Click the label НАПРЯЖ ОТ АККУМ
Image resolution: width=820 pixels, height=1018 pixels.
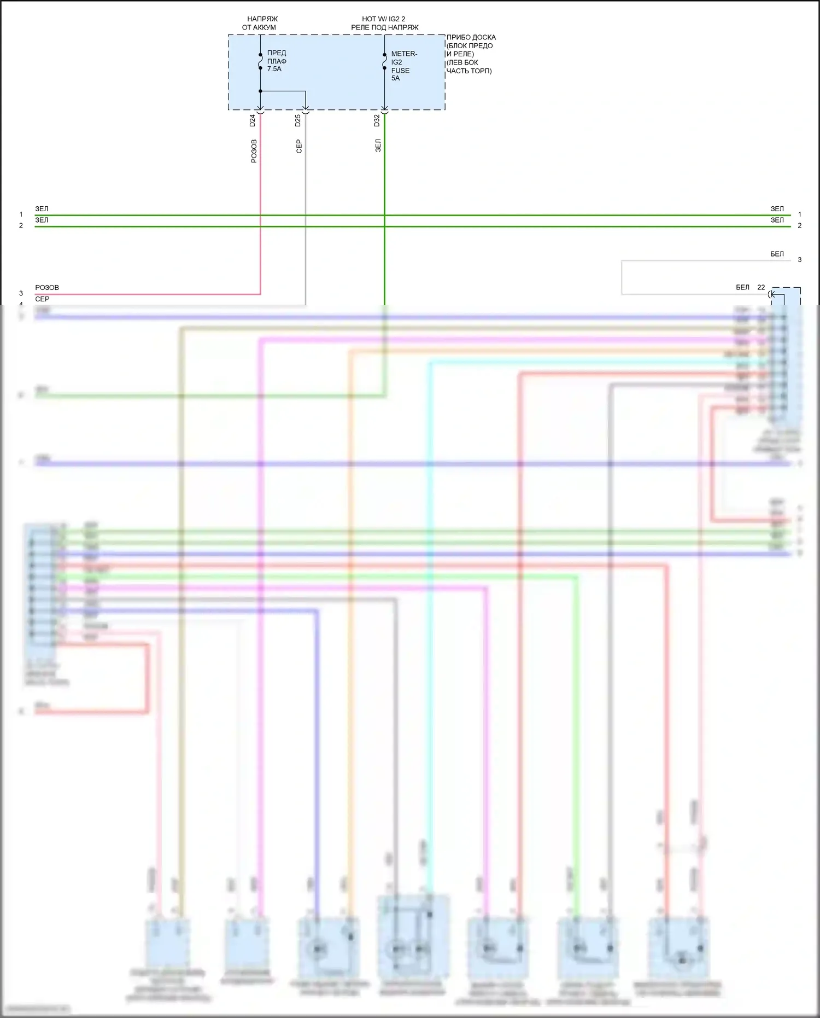[260, 23]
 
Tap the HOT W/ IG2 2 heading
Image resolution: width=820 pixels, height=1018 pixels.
[384, 19]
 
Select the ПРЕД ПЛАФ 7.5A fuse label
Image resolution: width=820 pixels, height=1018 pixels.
[277, 61]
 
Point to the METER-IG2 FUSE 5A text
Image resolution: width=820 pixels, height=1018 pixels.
[403, 66]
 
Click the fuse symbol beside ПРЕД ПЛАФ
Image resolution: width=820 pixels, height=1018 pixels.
[260, 61]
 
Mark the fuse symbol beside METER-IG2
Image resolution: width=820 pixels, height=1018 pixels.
[384, 61]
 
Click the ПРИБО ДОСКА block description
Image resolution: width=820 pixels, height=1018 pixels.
[471, 54]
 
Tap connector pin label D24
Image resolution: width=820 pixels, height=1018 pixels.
[253, 120]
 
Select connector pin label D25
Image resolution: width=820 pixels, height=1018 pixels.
[298, 120]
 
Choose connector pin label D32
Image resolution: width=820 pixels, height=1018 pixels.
[377, 120]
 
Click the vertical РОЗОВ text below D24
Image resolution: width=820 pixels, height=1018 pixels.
[254, 151]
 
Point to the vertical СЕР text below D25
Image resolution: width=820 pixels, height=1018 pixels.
[299, 146]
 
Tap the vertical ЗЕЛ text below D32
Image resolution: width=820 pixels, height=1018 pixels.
[378, 146]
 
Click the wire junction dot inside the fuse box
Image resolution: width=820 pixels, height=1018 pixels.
[260, 91]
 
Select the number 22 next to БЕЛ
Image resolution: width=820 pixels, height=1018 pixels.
[761, 287]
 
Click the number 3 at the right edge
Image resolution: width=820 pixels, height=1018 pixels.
[799, 260]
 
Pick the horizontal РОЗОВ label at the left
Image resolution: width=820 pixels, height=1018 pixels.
[47, 287]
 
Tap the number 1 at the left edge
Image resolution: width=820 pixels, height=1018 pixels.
[21, 214]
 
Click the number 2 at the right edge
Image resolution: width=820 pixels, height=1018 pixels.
[799, 225]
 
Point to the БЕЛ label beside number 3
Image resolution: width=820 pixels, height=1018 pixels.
[777, 254]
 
